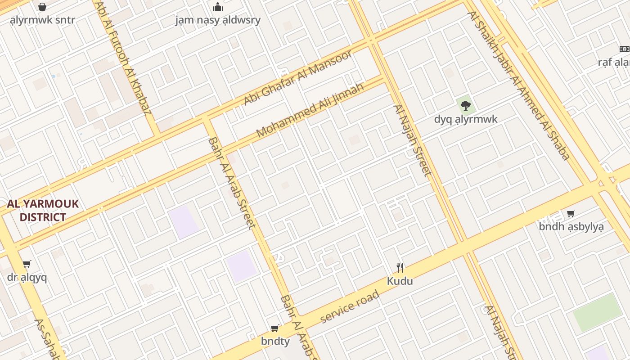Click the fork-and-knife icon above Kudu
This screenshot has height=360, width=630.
point(400,267)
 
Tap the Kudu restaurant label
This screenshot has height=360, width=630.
point(400,281)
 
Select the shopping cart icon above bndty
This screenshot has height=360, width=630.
point(275,328)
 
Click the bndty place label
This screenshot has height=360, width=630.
point(275,342)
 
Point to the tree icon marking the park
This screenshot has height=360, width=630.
point(466,106)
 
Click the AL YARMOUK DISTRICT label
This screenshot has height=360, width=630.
point(43,211)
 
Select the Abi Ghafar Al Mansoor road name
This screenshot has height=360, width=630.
point(298,78)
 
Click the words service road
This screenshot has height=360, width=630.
point(350,307)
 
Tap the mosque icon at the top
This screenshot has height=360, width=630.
point(218,7)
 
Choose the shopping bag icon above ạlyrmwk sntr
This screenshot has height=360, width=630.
point(42,7)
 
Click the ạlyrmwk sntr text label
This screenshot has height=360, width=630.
point(42,20)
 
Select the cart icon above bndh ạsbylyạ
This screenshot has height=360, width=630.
point(571,213)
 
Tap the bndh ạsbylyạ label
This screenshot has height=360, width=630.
point(571,226)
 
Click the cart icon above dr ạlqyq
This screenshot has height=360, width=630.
point(27,264)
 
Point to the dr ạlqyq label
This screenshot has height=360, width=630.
point(27,277)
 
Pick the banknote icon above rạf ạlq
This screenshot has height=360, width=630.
point(624,49)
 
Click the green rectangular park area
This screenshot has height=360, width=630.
point(597,312)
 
